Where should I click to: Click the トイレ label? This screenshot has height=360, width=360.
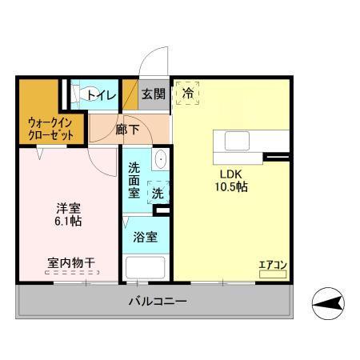coord(102,95)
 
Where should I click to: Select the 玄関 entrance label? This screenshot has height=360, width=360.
coord(154,94)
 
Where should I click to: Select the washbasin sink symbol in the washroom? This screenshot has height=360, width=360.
coord(159,159)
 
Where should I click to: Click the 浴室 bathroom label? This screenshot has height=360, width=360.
coord(145,237)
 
